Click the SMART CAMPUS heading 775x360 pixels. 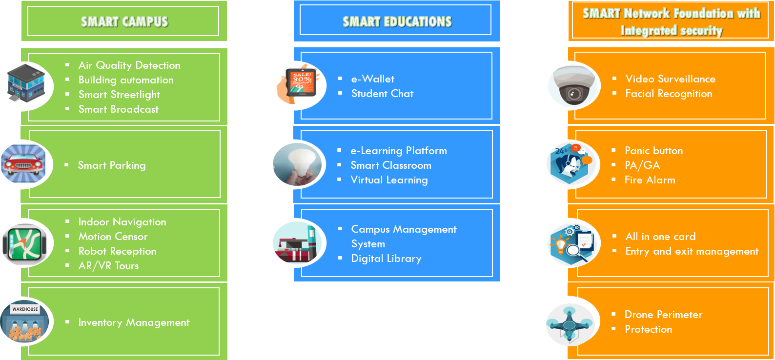tap(124, 21)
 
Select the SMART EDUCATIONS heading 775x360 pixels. tap(397, 21)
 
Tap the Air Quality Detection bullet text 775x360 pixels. tap(129, 65)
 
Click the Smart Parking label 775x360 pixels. tap(112, 165)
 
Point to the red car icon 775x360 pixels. tap(24, 164)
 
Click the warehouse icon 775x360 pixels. tap(25, 321)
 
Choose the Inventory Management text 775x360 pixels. tap(134, 322)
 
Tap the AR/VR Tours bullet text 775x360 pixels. tap(108, 266)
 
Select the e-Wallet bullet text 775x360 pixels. tap(372, 79)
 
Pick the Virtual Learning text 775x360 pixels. tap(389, 180)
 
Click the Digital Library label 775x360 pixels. tap(386, 259)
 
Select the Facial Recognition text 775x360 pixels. tap(669, 94)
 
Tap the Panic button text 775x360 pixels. tap(653, 151)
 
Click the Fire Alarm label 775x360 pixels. tap(650, 180)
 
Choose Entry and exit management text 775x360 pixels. tap(692, 251)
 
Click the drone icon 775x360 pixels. tap(571, 324)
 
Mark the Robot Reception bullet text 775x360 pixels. tap(117, 251)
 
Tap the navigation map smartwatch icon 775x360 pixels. tap(26, 244)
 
